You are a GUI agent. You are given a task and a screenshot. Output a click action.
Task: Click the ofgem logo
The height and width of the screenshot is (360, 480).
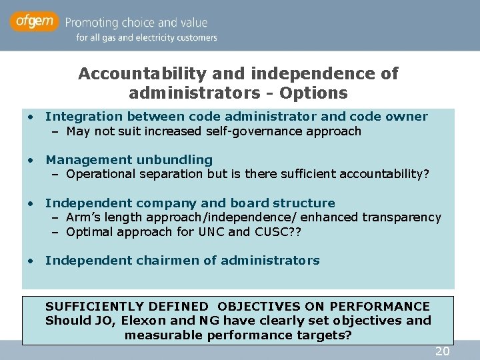(x=35, y=22)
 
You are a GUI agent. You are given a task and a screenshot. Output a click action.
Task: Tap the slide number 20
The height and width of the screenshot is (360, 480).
(x=442, y=351)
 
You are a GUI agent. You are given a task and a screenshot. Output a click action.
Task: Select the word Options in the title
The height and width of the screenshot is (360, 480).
(x=314, y=92)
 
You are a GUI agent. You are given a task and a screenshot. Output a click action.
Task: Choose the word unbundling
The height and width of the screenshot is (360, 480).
(x=175, y=160)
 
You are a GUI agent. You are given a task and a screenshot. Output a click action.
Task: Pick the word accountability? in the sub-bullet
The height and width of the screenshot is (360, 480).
(x=385, y=175)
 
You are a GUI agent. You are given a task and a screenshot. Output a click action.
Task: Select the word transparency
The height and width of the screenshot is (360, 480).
(x=401, y=217)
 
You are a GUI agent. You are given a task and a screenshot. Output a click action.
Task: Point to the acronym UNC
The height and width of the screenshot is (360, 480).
(x=210, y=232)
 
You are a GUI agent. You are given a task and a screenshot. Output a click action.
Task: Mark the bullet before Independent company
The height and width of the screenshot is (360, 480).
(x=31, y=203)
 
